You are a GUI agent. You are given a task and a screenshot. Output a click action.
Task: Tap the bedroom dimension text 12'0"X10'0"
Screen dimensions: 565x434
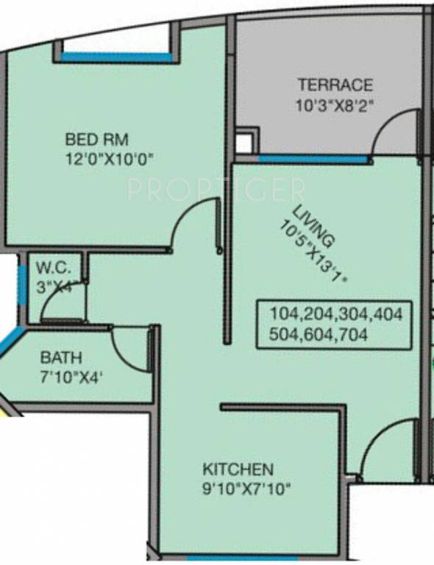click(111, 157)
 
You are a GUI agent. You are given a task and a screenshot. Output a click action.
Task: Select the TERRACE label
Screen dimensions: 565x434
click(335, 85)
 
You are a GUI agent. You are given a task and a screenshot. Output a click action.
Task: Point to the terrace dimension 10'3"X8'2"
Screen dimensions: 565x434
click(335, 104)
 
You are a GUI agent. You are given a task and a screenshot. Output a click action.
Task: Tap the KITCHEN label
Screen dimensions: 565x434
click(238, 469)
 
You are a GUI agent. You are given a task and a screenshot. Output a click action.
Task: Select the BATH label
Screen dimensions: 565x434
click(61, 358)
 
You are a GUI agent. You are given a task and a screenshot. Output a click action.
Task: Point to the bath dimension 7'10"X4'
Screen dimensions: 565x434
click(71, 378)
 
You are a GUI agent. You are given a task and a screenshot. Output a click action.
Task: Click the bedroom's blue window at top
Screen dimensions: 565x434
click(116, 57)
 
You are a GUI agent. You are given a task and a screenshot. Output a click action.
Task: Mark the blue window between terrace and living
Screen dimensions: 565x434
click(313, 158)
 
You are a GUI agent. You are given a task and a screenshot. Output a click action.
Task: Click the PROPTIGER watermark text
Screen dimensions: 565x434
click(216, 191)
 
